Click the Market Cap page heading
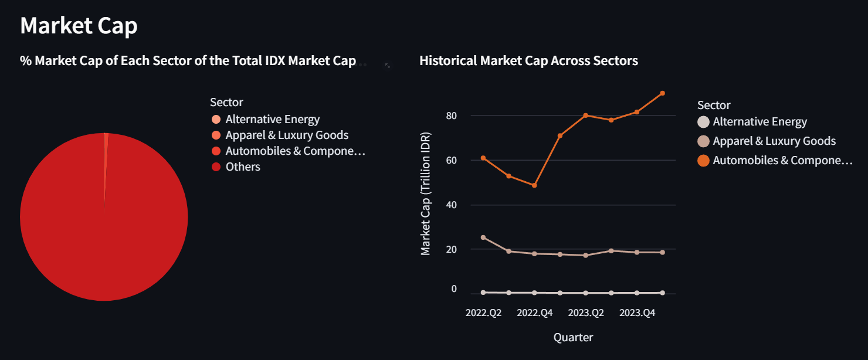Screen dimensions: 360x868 coord(79,26)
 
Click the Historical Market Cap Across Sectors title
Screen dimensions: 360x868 coord(528,60)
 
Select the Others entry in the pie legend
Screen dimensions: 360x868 coord(243,167)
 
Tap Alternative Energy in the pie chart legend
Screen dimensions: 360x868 coord(272,120)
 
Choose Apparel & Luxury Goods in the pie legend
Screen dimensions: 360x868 coord(287,135)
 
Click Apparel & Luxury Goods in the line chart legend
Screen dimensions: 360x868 coord(774,141)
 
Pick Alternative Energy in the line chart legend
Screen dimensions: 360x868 coord(759,122)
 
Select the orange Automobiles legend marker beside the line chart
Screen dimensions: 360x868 coord(703,161)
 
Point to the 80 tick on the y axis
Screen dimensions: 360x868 coord(450,116)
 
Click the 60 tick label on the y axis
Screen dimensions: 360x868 coord(450,160)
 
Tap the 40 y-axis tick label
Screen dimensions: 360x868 coord(450,205)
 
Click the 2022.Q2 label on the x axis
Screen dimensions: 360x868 coord(483,313)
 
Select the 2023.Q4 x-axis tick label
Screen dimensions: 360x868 coord(637,313)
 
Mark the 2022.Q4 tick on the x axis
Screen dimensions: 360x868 coord(534,313)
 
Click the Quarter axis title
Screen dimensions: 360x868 coord(573,337)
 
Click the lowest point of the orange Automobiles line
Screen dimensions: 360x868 coord(534,185)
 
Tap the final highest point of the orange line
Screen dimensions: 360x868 coord(662,93)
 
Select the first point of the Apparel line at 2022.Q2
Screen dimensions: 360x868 coord(483,237)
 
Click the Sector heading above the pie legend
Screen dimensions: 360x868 coord(226,103)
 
